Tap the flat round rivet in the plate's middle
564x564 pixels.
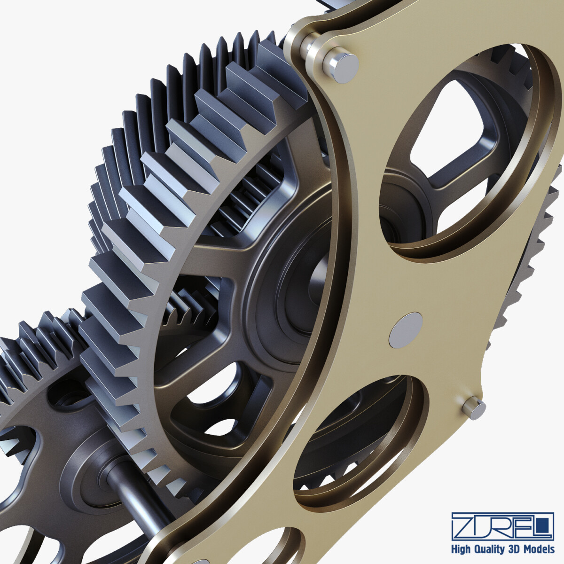[x=406, y=330]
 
